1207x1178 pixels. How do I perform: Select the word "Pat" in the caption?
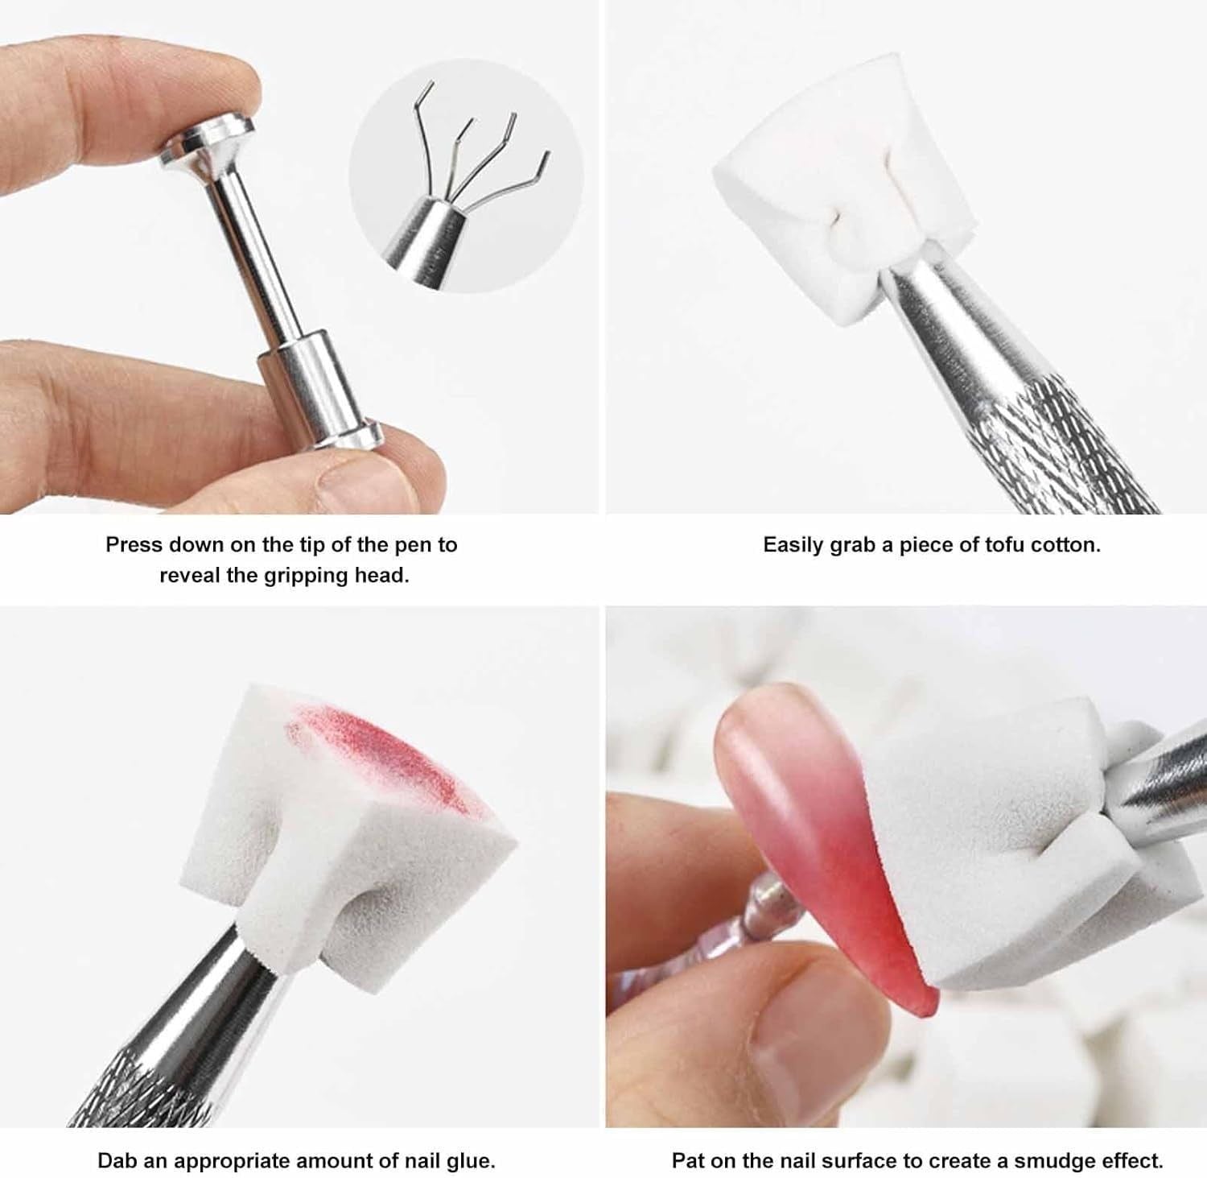(x=687, y=1161)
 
